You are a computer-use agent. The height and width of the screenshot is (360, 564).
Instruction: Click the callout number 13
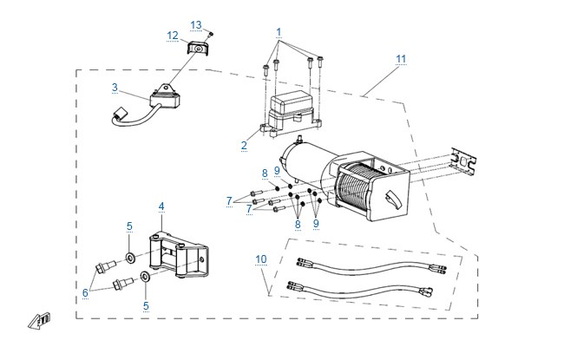196,25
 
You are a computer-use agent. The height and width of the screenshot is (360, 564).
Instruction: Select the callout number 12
173,36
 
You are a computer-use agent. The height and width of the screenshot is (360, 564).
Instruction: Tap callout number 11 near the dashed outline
401,59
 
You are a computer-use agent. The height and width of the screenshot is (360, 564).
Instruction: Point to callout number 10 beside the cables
261,259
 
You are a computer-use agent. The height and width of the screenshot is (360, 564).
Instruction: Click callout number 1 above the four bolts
279,32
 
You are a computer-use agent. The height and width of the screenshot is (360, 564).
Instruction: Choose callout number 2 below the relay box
244,146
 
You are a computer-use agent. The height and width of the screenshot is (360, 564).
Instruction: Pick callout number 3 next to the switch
115,88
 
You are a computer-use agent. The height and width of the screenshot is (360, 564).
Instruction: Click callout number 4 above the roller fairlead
161,206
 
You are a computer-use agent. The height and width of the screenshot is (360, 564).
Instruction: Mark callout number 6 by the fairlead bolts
85,292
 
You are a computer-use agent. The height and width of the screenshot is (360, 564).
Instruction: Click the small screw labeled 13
211,34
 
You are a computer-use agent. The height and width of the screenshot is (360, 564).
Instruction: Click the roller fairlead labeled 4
179,255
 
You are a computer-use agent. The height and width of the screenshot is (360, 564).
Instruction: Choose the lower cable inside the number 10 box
360,291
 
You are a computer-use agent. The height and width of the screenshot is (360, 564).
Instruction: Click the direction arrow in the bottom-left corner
39,320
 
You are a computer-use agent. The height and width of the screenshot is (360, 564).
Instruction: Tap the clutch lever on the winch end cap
393,200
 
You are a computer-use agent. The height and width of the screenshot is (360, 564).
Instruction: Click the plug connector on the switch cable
119,114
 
